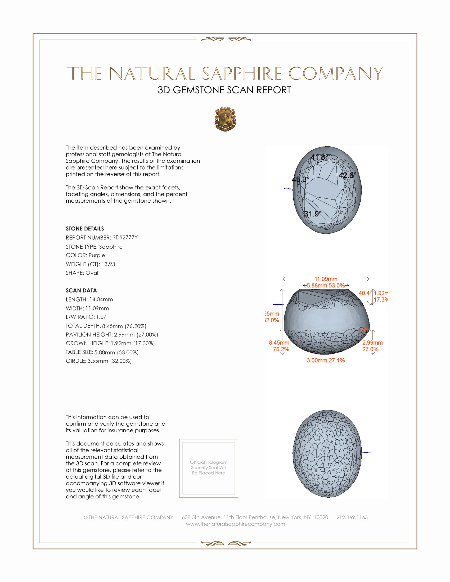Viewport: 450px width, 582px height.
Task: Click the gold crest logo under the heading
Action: coord(225,119)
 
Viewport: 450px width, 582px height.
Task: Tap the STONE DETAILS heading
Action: coord(85,229)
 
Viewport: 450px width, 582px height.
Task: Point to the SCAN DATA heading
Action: coord(81,290)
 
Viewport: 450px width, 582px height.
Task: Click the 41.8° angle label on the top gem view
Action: coord(319,157)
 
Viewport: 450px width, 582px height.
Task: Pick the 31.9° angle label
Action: coord(313,214)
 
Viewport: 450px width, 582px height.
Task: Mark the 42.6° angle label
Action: coord(347,175)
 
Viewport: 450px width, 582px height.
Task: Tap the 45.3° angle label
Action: coord(300,179)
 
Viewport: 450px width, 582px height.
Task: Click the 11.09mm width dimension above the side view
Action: coord(326,279)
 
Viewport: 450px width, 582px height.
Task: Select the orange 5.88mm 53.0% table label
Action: coord(326,285)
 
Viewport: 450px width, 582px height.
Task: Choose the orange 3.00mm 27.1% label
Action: coord(326,360)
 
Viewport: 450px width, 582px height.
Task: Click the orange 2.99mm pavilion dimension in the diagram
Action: coord(372,343)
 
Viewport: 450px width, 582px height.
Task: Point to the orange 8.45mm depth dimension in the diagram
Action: coord(279,343)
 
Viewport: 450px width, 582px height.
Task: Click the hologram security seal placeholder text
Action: coord(209,467)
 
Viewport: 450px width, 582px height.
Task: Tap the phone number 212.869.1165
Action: coord(352,517)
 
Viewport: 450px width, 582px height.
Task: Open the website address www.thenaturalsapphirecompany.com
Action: coord(235,524)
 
